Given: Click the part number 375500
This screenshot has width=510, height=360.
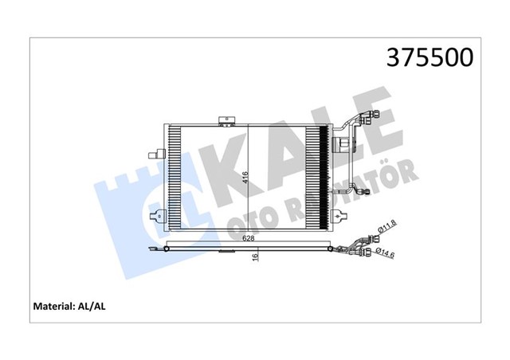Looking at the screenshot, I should (430, 57).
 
